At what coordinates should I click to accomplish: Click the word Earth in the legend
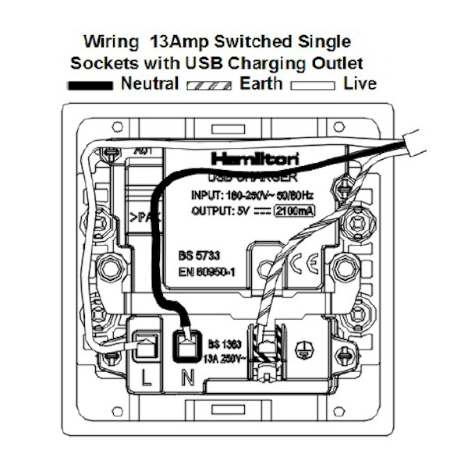tap(261, 84)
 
